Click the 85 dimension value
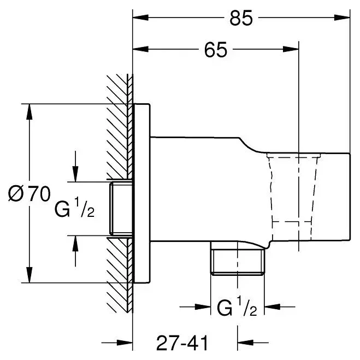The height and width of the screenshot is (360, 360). (x=241, y=18)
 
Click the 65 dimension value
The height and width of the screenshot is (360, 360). (x=216, y=50)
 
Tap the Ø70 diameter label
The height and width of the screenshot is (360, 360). (x=29, y=194)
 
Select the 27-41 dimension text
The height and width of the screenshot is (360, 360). (x=182, y=343)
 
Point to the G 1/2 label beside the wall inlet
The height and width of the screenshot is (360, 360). (x=75, y=208)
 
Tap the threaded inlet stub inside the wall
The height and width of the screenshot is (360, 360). (x=121, y=209)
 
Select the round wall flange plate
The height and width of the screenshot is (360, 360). (x=141, y=193)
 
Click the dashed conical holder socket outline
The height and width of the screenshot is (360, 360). (x=292, y=197)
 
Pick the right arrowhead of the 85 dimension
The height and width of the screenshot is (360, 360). (x=342, y=17)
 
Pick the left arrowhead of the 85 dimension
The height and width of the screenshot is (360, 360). (x=141, y=17)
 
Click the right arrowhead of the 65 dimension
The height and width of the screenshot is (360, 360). (x=291, y=49)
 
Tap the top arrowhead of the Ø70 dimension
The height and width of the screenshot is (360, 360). (x=29, y=112)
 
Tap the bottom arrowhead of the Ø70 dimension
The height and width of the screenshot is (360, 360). (x=29, y=275)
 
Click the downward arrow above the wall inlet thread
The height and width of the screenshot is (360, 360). (x=75, y=166)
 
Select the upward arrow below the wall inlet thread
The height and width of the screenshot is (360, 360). (x=75, y=251)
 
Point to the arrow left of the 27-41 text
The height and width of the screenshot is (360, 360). (x=117, y=343)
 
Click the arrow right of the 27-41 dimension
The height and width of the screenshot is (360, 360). (x=253, y=343)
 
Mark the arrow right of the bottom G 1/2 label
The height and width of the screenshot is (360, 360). (x=280, y=306)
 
